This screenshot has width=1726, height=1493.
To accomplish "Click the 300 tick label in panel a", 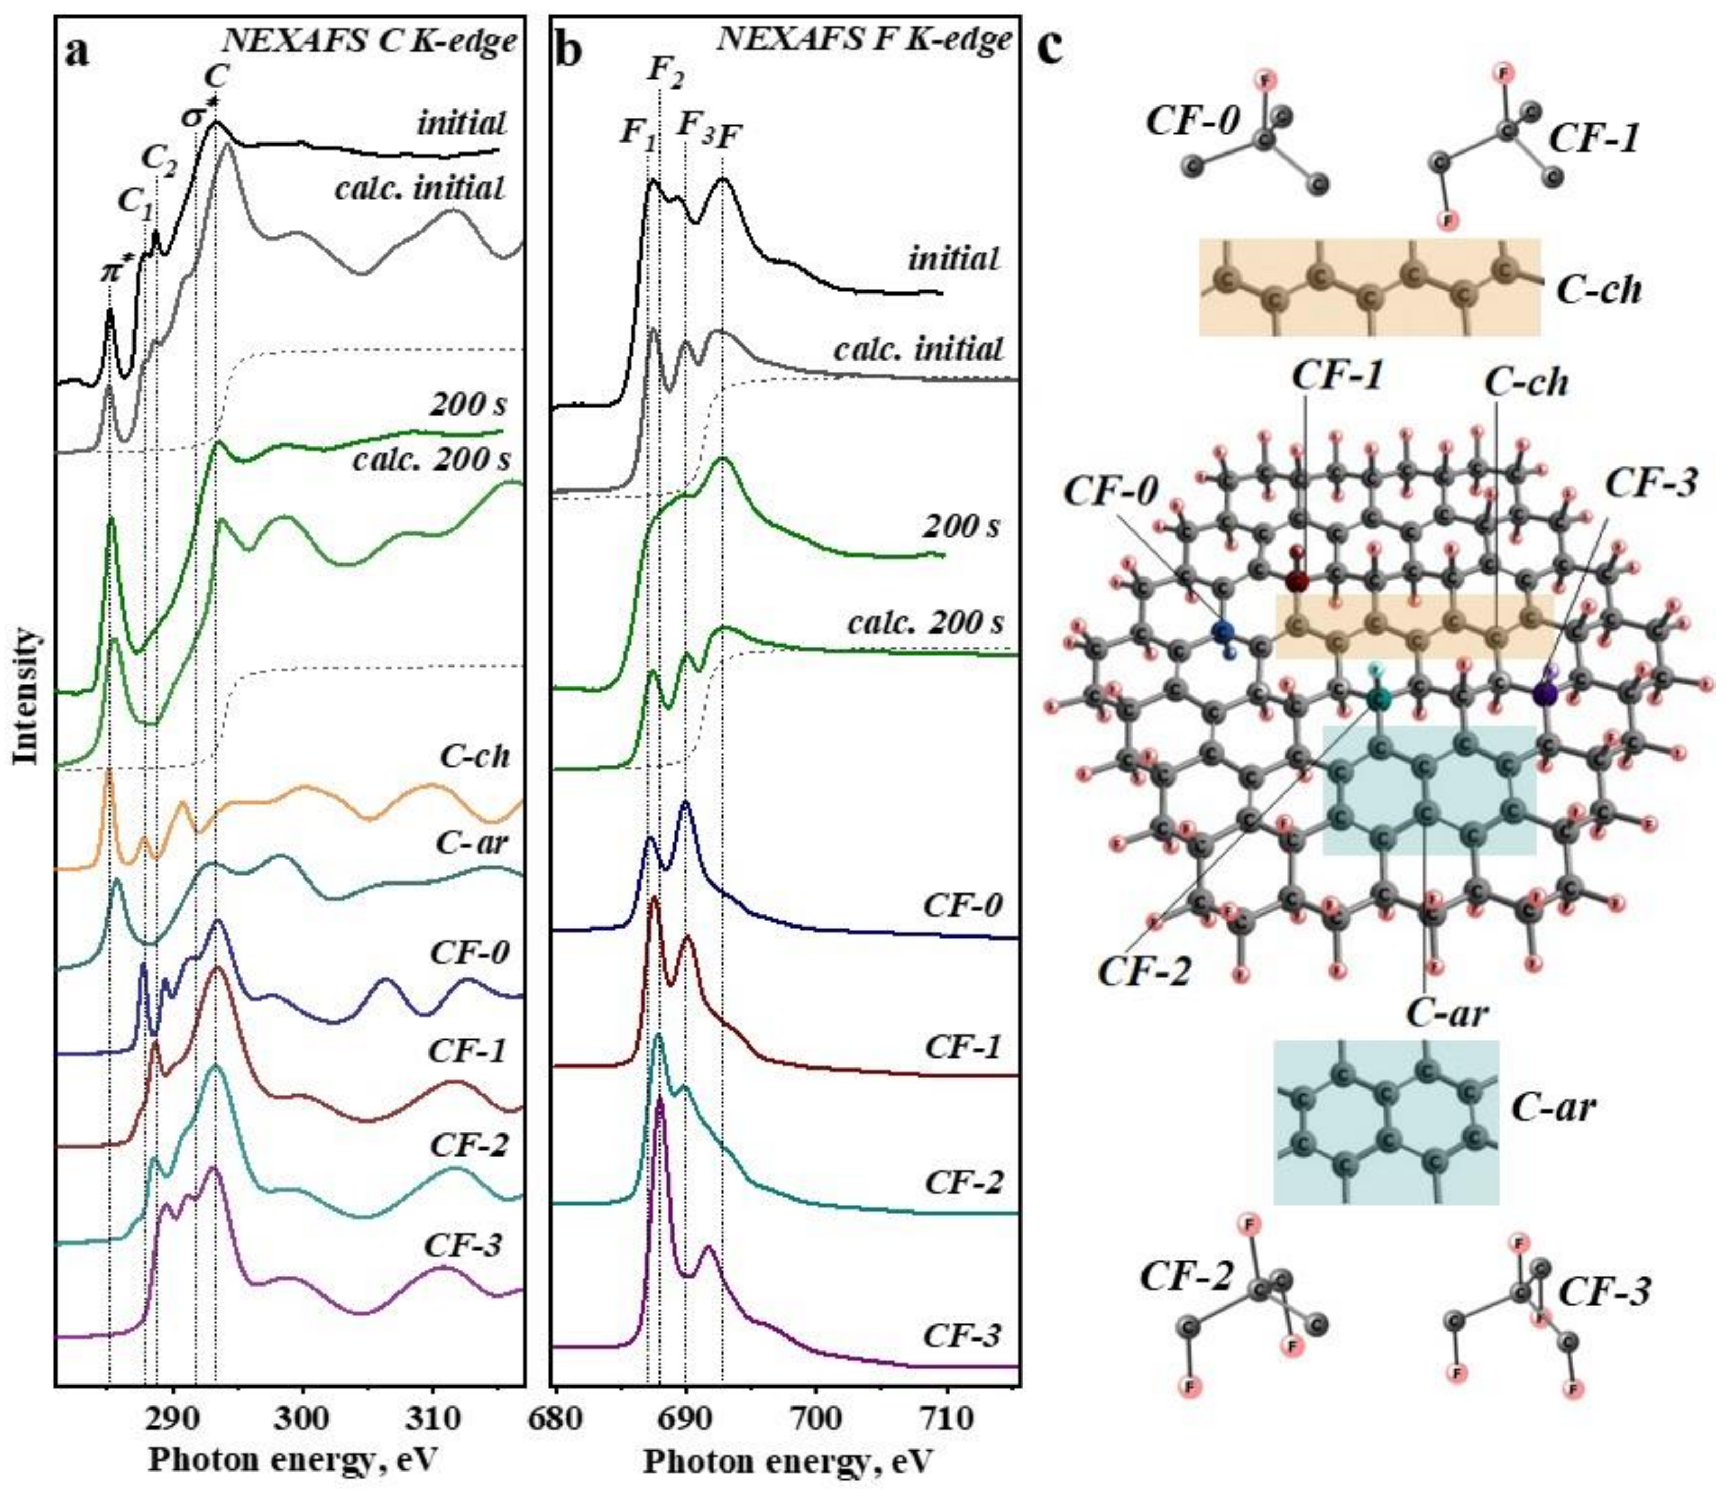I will [302, 1416].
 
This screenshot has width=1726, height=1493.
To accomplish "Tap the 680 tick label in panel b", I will [556, 1416].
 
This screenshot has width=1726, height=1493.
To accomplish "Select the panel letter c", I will [1051, 48].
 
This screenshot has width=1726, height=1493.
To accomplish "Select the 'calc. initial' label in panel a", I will [420, 188].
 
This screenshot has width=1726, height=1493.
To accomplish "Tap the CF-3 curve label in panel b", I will [961, 1336].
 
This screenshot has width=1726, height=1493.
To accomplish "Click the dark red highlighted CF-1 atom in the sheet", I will [1296, 581].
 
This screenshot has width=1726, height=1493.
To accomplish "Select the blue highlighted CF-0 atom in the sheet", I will [1223, 633].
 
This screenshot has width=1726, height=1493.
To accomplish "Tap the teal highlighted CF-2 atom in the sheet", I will [1378, 698].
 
